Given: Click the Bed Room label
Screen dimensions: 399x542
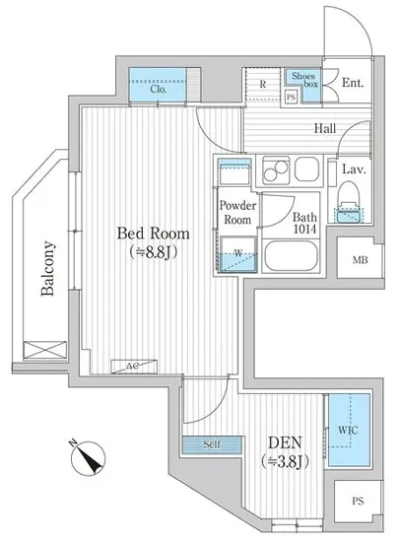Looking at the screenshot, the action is click(153, 234).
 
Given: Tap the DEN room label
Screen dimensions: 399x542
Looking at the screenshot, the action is click(285, 442).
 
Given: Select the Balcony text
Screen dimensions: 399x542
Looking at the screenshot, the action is click(47, 268).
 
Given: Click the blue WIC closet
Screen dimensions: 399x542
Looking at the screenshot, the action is click(349, 430).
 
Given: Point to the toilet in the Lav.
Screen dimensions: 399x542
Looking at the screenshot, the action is click(349, 202).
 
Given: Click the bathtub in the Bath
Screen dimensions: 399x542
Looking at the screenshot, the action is click(291, 256).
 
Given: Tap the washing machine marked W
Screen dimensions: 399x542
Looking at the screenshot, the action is click(238, 254).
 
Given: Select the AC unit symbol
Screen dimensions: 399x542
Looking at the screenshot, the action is click(134, 367).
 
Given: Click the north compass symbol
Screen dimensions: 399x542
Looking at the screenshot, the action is click(87, 457).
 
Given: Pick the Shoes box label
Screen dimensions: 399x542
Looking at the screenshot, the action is click(304, 80).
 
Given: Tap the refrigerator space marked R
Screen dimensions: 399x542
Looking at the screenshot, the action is click(262, 84).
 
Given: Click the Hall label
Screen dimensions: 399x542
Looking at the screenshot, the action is click(325, 128).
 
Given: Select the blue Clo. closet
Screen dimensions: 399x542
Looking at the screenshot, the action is click(158, 85).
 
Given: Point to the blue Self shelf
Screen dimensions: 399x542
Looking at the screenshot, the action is click(212, 444).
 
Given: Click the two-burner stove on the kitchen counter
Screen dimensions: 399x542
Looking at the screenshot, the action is click(276, 170).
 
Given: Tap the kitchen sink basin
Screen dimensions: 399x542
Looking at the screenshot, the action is click(306, 169).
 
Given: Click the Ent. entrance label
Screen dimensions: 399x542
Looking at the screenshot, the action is click(353, 83).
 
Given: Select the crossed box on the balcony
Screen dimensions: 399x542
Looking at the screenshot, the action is click(45, 350).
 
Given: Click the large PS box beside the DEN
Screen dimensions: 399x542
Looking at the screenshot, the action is click(359, 501).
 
